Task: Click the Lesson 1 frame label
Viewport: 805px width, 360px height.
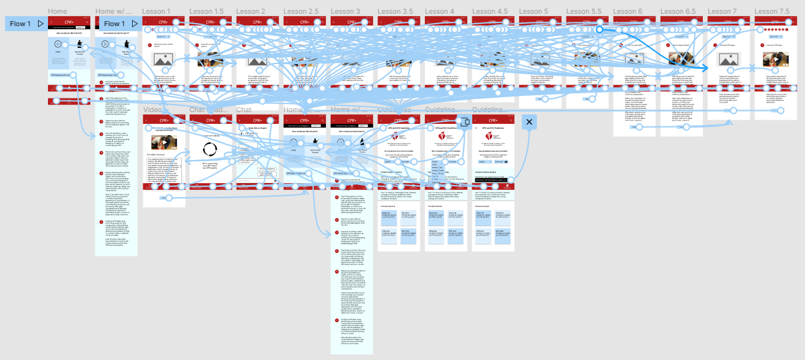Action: pyautogui.click(x=156, y=11)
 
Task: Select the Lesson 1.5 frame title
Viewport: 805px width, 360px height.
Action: pyautogui.click(x=206, y=11)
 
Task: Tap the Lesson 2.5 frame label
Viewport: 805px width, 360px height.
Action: pyautogui.click(x=301, y=11)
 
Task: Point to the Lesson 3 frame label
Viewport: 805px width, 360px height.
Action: pyautogui.click(x=345, y=11)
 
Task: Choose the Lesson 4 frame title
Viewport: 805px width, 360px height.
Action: pyautogui.click(x=439, y=11)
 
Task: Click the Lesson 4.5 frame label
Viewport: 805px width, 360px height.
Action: pyautogui.click(x=490, y=11)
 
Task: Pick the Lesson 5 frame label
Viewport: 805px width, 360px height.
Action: pyautogui.click(x=533, y=11)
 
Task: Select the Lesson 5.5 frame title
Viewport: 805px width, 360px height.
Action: pyautogui.click(x=584, y=11)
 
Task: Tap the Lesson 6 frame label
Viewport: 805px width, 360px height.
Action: pyautogui.click(x=627, y=11)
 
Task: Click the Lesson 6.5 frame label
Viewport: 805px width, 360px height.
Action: pyautogui.click(x=678, y=11)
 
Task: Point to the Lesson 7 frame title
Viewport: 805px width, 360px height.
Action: pyautogui.click(x=722, y=11)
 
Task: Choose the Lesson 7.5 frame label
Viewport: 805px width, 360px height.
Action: pyautogui.click(x=773, y=11)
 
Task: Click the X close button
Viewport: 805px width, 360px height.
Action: pyautogui.click(x=529, y=122)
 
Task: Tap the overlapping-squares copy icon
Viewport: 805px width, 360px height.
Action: pyautogui.click(x=464, y=121)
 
